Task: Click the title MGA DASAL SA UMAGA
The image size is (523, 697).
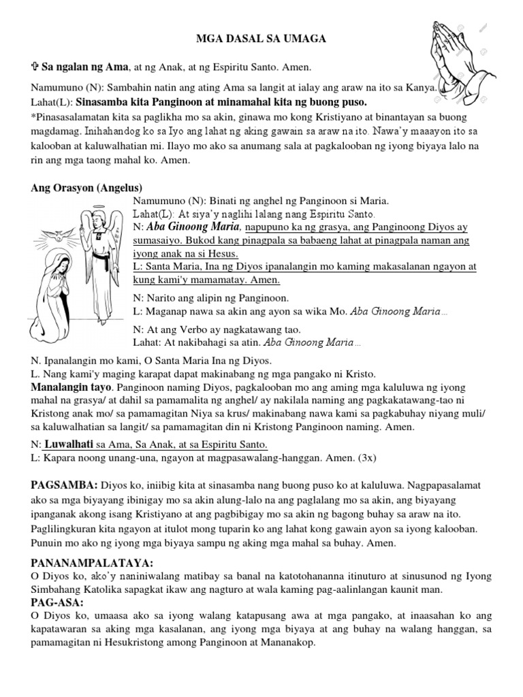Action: tap(261, 40)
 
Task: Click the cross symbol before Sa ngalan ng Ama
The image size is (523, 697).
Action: tap(35, 68)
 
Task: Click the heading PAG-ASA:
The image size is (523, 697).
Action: tap(57, 603)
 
